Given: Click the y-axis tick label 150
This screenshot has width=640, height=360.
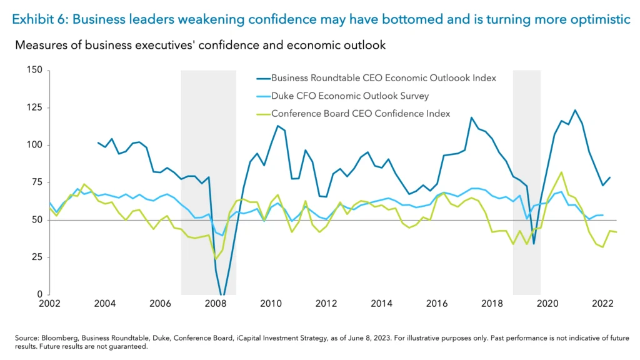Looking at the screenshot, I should [34, 70].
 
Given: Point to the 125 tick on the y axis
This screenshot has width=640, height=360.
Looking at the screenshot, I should [34, 107].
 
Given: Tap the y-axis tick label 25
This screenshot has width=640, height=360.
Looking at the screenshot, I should [36, 257].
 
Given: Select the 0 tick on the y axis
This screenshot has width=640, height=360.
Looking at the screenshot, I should [39, 294].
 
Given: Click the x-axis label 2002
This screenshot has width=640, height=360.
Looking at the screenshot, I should [49, 304].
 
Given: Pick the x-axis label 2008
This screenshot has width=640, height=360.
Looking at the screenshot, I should [215, 304].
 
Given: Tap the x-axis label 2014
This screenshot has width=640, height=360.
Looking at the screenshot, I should [381, 304].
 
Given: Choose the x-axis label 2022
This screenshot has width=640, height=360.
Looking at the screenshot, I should [601, 304].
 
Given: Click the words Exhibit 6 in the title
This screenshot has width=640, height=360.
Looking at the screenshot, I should [39, 19].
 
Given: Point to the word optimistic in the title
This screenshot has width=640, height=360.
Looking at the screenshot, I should [598, 19].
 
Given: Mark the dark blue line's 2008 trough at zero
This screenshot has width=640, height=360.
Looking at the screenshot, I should [222, 294].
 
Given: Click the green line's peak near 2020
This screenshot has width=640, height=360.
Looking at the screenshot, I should [561, 172].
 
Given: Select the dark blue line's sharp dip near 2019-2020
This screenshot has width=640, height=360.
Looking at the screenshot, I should [533, 243].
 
